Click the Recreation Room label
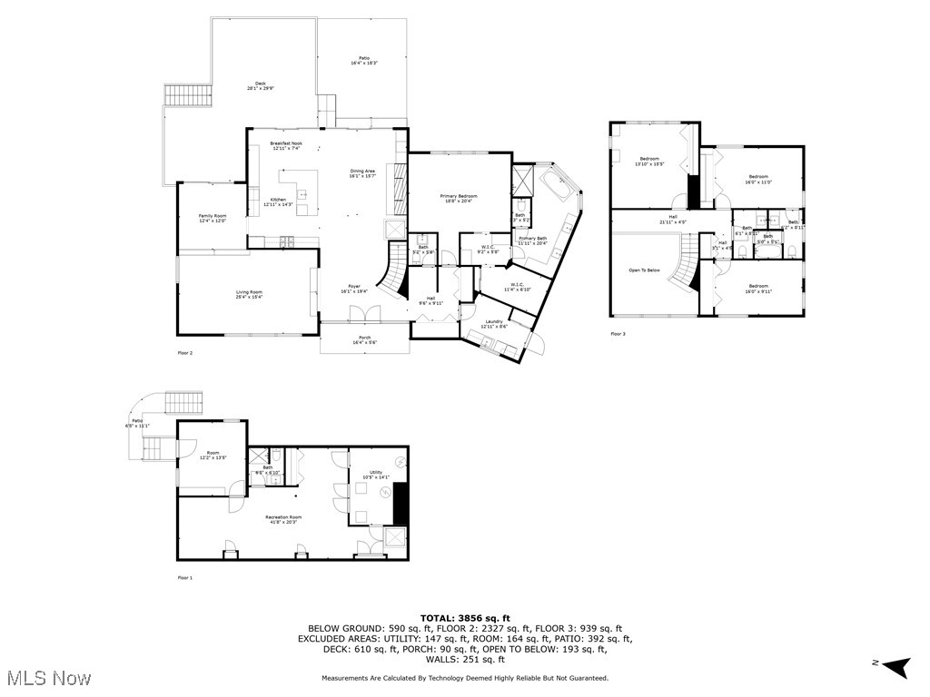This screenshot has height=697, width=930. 283,517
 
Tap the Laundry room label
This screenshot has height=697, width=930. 494,323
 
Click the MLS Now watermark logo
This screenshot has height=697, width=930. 46,678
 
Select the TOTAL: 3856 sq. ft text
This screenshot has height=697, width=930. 465,618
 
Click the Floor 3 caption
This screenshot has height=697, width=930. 618,334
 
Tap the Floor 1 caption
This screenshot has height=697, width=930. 184,577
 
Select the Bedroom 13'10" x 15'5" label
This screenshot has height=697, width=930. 648,161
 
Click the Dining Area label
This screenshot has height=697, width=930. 362,173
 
